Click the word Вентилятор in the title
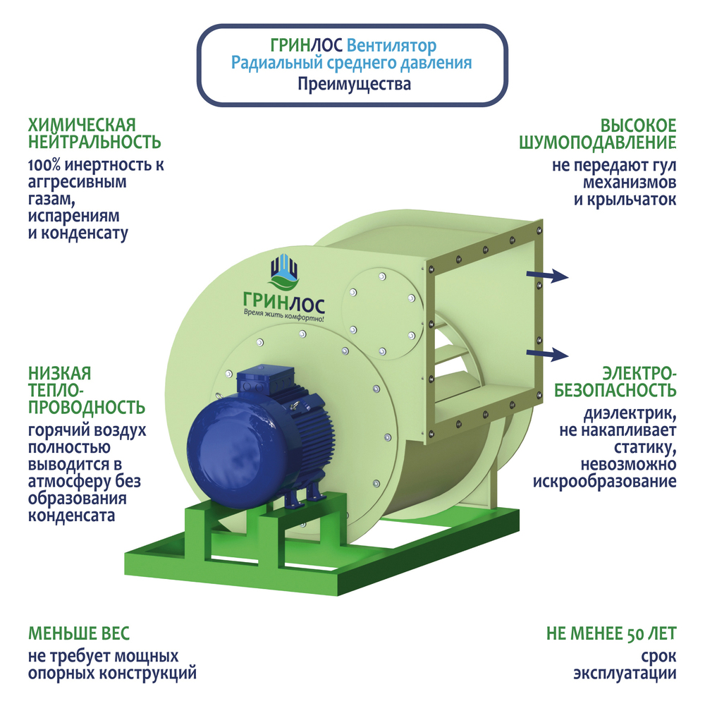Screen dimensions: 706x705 coord(392,46)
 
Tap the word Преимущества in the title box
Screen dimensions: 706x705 coord(353,85)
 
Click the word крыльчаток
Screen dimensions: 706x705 coord(633,200)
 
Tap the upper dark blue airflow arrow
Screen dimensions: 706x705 coord(550,276)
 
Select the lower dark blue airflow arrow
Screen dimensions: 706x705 coord(550,353)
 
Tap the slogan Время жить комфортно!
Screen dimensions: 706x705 coord(283,317)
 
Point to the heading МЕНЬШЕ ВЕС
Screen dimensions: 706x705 coord(79,633)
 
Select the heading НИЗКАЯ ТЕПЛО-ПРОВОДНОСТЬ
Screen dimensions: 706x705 coord(87,389)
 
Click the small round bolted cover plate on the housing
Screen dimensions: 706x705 coord(381,310)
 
